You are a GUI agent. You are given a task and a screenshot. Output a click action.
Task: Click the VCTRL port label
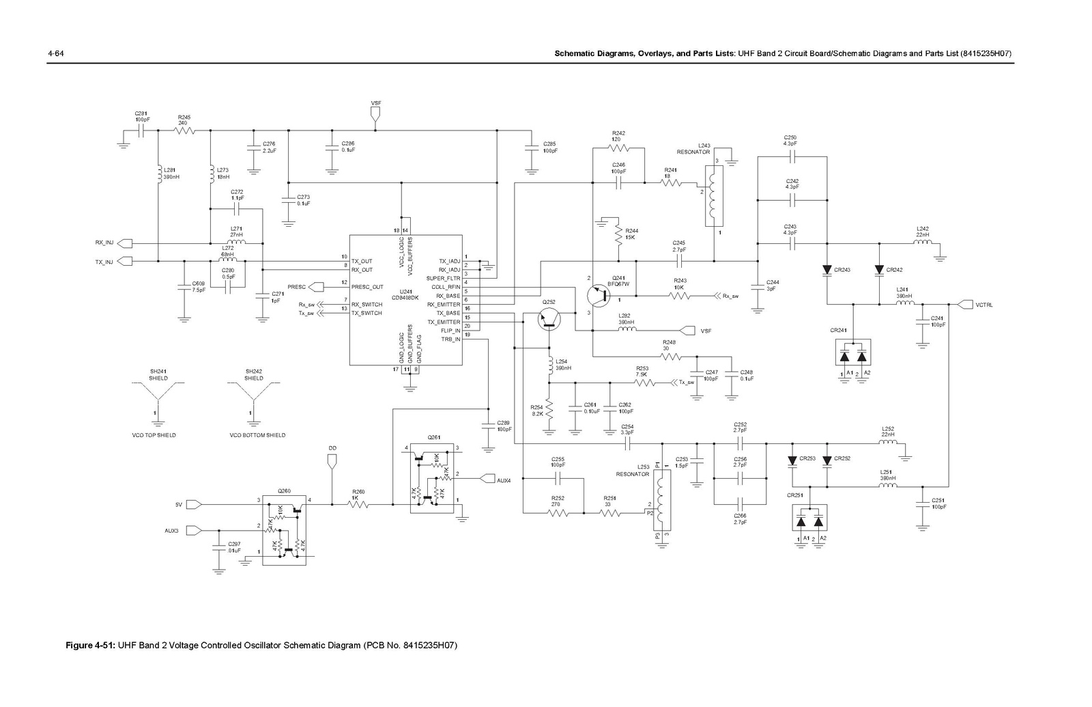[x=984, y=305]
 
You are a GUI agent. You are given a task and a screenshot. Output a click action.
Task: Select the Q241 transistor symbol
[x=598, y=295]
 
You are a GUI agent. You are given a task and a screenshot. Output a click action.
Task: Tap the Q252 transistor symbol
[x=549, y=318]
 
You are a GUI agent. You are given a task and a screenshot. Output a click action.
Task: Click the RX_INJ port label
[x=104, y=242]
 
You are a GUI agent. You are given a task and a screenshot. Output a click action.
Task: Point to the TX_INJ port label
[x=104, y=261]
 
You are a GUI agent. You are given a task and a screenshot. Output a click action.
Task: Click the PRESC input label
[x=297, y=287]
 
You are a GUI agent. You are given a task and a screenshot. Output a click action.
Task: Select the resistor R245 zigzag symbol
[x=184, y=130]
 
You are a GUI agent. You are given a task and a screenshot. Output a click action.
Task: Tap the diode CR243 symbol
[x=827, y=270]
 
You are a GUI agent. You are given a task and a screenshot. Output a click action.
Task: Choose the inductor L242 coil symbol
[x=923, y=242]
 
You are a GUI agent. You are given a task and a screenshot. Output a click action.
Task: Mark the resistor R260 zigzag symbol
[x=359, y=505]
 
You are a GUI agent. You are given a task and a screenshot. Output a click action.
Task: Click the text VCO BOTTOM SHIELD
[x=257, y=435]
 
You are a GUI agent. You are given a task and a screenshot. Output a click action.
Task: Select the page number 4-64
[x=55, y=53]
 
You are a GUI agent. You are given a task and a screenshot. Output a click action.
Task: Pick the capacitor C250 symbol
[x=791, y=156]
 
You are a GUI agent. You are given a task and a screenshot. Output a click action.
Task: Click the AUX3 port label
[x=171, y=530]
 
